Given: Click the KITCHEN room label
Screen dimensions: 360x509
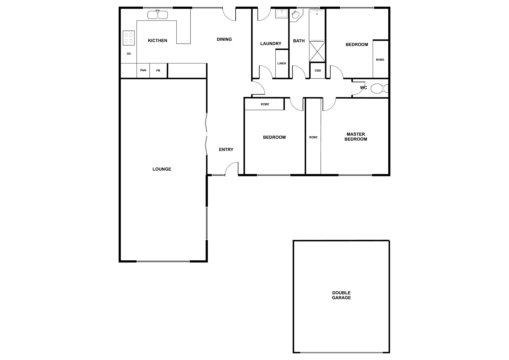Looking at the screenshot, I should pos(157,41).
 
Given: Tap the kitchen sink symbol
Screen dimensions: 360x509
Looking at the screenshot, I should pos(157,15).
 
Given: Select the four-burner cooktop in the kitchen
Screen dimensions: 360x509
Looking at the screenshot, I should pos(129,38).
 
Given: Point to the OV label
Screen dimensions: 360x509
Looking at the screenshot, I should pos(129,54).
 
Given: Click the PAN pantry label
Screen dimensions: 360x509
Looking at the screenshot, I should pos(143,70).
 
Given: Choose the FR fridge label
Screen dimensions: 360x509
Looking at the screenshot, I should pos(158,71).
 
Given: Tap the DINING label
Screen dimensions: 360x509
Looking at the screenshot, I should pos(224,39).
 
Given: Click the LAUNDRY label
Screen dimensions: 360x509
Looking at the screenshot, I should pos(271,44).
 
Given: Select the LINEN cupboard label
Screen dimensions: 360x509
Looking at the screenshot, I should pos(282,63).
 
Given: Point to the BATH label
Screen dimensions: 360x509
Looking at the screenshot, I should pos(299,41).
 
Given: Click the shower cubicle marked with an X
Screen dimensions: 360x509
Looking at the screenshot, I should pos(317,51).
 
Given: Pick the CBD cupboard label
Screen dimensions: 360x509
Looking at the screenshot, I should pos(318,71).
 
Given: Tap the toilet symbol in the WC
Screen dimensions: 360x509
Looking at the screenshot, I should pos(378,89).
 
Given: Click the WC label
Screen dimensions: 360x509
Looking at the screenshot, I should pos(363,88).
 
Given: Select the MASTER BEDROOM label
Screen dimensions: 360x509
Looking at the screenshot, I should pos(355,137).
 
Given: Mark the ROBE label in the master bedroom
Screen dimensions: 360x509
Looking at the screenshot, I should pos(313,137).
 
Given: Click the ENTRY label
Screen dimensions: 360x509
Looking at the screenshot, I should pos(226,150).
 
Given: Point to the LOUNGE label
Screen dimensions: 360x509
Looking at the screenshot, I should pos(162,169).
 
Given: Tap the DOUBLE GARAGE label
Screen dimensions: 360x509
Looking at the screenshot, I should pos(341,295).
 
